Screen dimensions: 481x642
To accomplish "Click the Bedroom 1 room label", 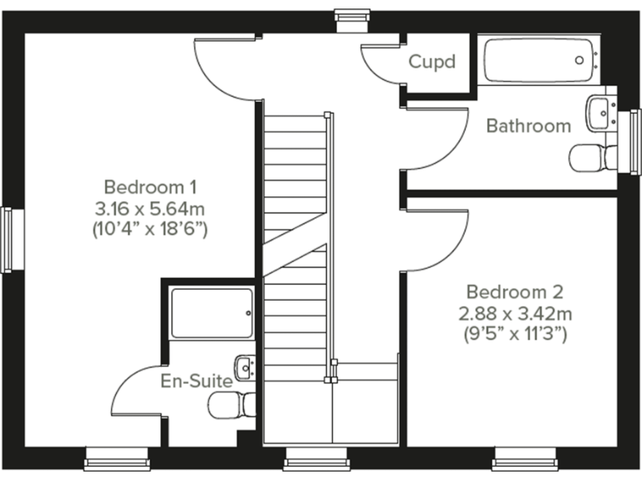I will [150, 185].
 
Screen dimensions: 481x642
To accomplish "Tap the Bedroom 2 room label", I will [514, 292].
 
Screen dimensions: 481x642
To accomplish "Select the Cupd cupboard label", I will [431, 62].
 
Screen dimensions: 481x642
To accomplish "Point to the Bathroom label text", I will [528, 126].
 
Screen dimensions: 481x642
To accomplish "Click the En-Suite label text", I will [196, 381].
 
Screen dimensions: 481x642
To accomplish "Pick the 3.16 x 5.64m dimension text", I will [150, 206].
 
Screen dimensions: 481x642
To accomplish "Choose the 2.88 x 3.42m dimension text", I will [514, 314].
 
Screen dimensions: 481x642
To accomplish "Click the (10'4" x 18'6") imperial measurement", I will [150, 228].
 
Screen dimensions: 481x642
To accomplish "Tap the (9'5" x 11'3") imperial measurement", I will [514, 336].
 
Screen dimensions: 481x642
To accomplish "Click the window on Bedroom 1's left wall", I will [8, 240].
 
